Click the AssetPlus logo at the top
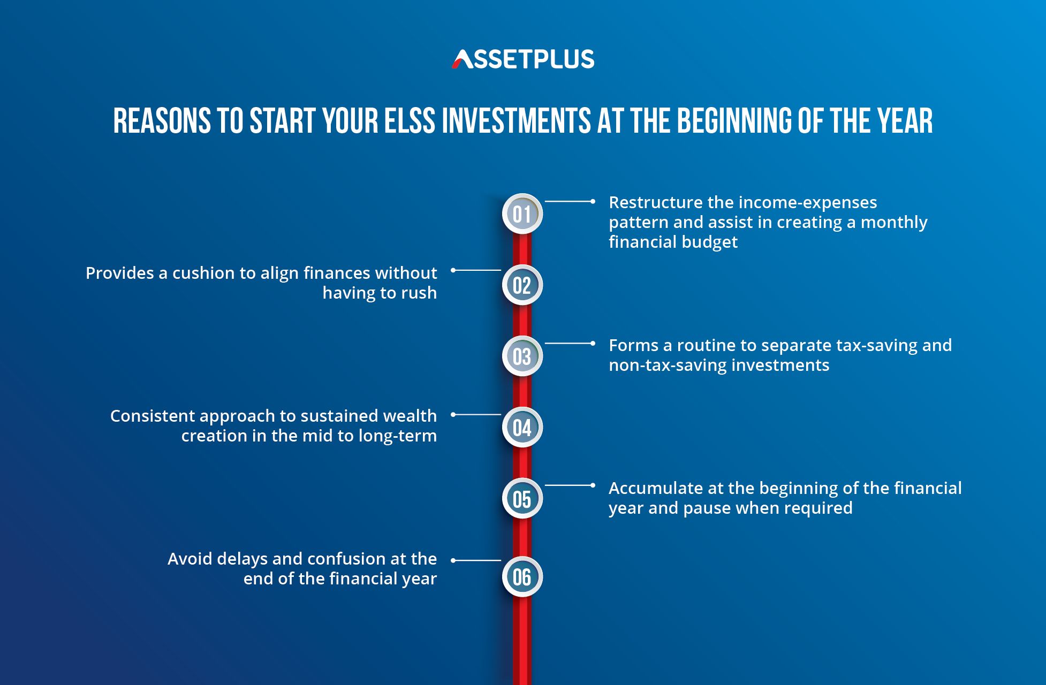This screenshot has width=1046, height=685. (523, 59)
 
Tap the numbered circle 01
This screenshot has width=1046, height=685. (522, 214)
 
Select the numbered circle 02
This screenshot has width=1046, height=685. (522, 285)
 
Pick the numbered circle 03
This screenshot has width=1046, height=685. (522, 356)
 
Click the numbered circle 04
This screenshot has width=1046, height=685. (522, 427)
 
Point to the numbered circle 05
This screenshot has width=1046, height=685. (522, 498)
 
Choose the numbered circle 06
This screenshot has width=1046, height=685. (522, 576)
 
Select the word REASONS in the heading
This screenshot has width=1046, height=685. (162, 120)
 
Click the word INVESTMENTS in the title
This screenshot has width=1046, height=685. (516, 120)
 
